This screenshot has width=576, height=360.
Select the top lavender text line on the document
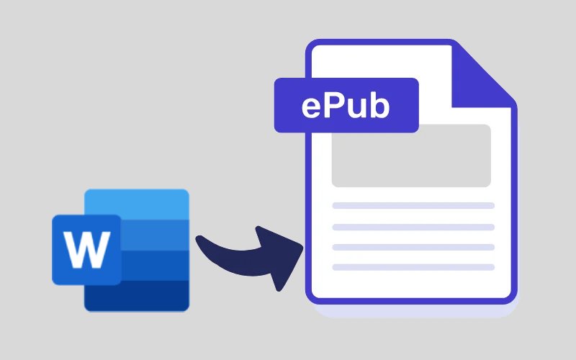pos(413,205)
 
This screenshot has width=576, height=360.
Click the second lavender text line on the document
pos(413,227)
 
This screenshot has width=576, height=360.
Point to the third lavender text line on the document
pos(413,247)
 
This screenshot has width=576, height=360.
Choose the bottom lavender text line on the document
pos(413,267)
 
